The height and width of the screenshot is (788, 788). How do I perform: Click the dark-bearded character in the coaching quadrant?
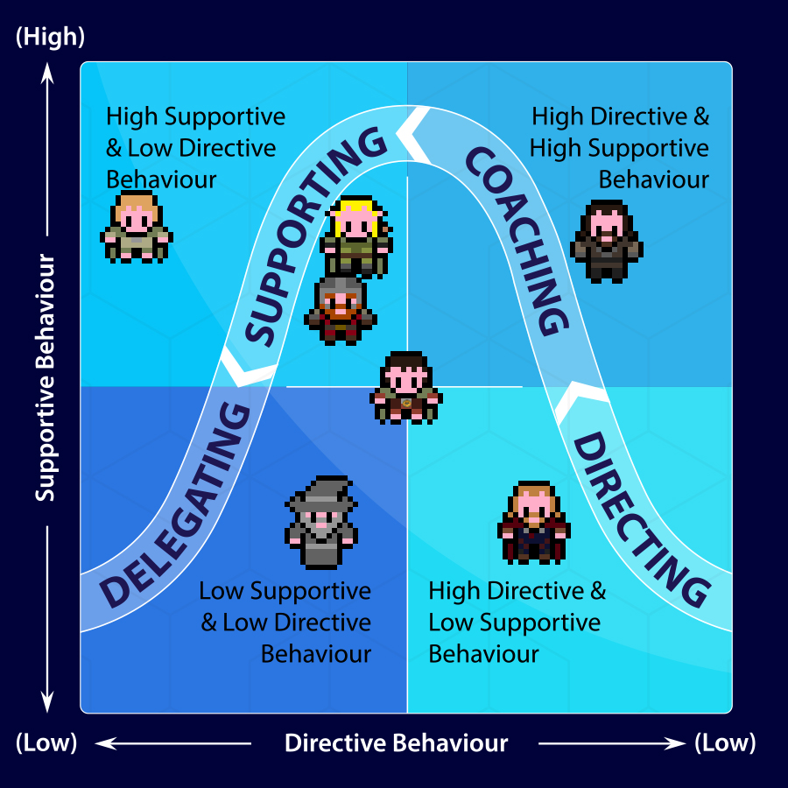607,241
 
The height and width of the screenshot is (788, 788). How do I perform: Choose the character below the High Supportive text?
137,227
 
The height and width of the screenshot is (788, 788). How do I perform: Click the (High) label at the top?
50,37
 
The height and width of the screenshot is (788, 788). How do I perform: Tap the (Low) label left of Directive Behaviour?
46,743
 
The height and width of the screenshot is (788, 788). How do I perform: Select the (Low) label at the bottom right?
725,743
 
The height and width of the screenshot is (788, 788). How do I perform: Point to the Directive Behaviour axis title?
396,743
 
